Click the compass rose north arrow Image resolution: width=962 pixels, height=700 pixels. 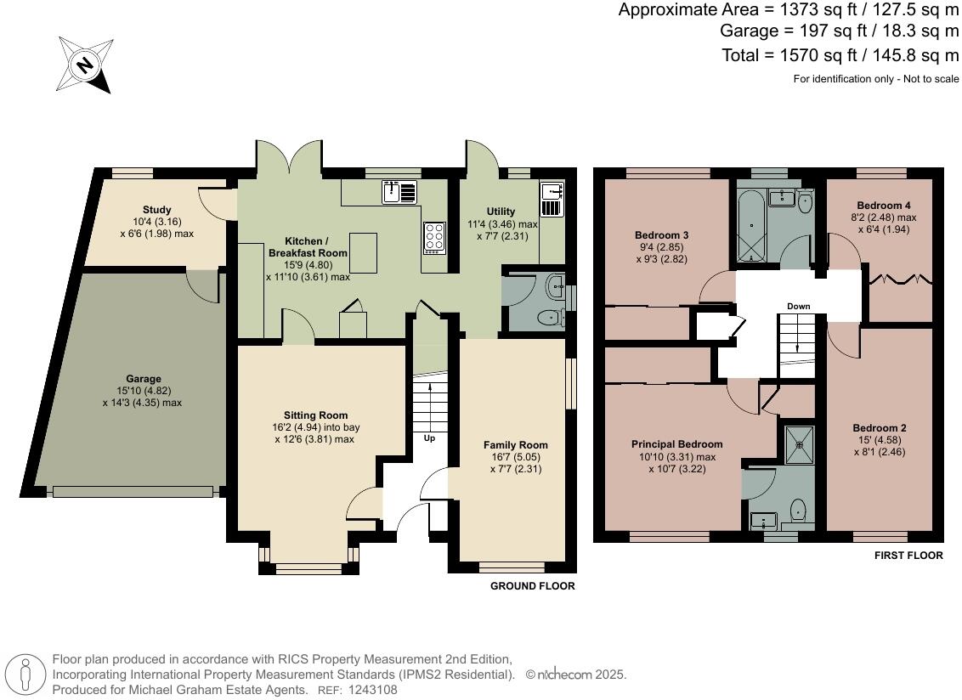(86, 65)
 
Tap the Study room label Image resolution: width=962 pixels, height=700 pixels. (157, 210)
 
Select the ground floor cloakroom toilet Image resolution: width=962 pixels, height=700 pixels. (551, 319)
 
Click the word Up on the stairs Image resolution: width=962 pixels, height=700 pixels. (431, 438)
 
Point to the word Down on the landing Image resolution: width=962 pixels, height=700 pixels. (798, 306)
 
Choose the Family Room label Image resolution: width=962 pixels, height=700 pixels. (515, 445)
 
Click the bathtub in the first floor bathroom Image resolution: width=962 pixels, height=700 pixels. (752, 225)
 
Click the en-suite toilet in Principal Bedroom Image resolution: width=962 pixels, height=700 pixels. (798, 510)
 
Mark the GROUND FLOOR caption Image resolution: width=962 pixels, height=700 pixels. (532, 586)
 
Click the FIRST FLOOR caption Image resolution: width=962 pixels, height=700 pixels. (908, 556)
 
